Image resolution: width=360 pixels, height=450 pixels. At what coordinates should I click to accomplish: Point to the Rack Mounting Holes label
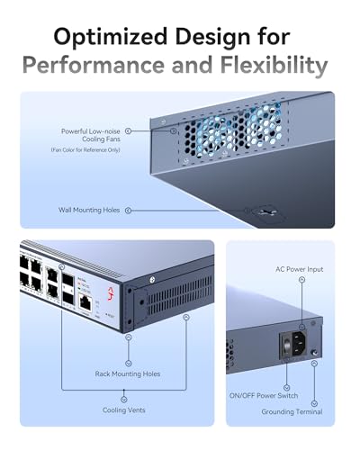128,373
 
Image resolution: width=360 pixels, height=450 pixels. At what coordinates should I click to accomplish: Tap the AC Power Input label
299,269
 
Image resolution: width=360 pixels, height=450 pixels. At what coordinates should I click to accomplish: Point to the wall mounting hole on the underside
264,214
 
